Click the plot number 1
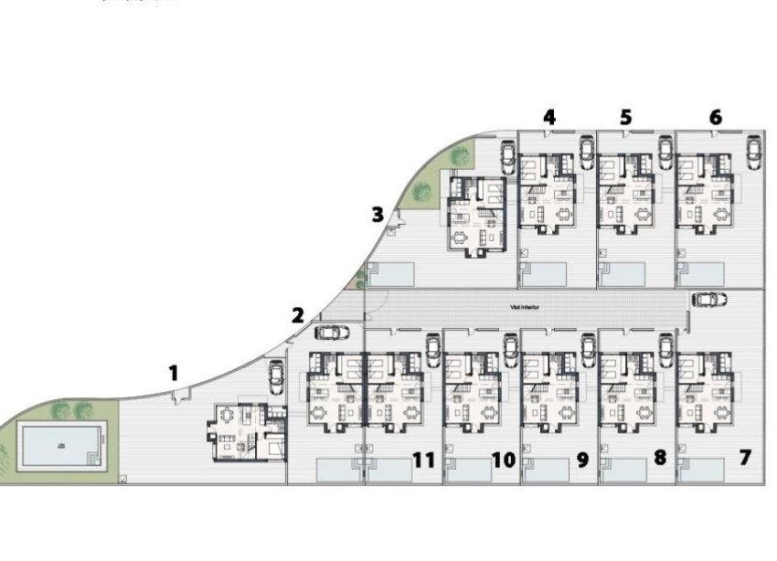(x=173, y=372)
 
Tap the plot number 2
(x=297, y=316)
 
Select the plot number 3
(x=378, y=215)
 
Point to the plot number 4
(x=548, y=117)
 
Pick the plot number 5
(x=625, y=117)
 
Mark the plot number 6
(x=715, y=117)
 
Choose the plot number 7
(x=744, y=457)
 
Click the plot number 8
(x=659, y=457)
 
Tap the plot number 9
(x=582, y=459)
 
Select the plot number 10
(x=503, y=459)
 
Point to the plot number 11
(x=422, y=459)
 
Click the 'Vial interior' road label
(x=524, y=308)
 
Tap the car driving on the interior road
(x=709, y=300)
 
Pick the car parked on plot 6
(x=753, y=152)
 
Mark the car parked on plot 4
(x=585, y=152)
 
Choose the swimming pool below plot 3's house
(x=391, y=272)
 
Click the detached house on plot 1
(x=245, y=431)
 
